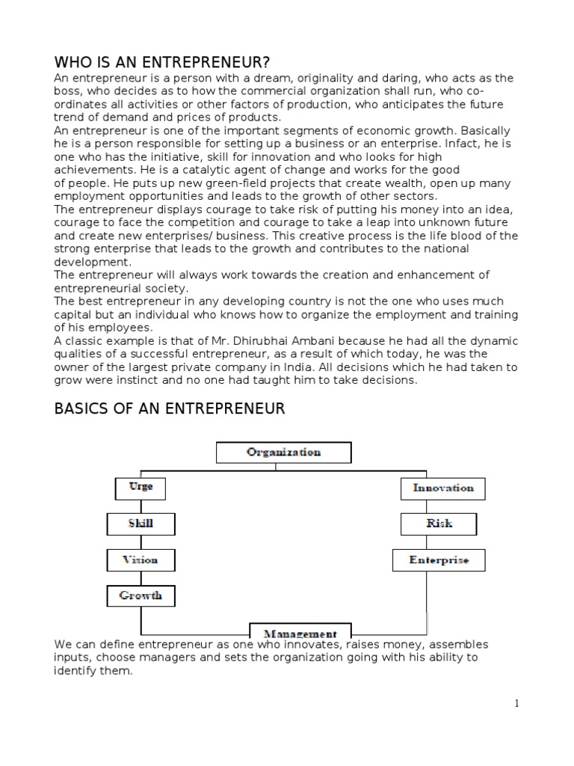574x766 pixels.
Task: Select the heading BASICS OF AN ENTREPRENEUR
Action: tap(170, 408)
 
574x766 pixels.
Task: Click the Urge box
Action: tap(141, 487)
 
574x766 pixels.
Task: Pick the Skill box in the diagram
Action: tap(141, 524)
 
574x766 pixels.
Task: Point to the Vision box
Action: tap(141, 560)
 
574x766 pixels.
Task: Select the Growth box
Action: tap(141, 596)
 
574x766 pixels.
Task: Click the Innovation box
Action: tap(443, 488)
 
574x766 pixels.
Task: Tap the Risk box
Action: tap(439, 524)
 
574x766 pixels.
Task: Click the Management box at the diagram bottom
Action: tap(300, 632)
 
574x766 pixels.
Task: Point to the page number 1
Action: tap(516, 702)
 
